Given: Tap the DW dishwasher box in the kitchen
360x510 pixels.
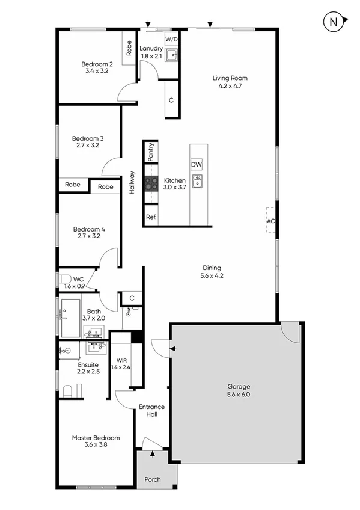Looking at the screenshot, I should tap(196, 165).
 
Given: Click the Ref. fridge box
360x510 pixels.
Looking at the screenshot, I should tap(150, 216).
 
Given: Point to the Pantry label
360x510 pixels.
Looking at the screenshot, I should tap(150, 152).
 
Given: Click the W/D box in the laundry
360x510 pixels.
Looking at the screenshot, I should tap(172, 40).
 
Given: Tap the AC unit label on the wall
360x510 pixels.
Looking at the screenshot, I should tap(270, 221).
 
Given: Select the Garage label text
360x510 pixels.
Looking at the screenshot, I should tap(238, 386).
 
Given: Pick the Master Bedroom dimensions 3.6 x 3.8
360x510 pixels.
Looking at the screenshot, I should tap(96, 446).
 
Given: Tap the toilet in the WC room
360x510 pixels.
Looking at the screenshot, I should tap(65, 280).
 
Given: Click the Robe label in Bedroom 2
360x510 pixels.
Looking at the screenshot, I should tap(129, 47).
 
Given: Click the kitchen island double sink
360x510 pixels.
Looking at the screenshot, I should tap(197, 180).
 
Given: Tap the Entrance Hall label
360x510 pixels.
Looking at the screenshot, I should tap(151, 411).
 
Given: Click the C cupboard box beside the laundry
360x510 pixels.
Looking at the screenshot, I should tap(171, 100).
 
